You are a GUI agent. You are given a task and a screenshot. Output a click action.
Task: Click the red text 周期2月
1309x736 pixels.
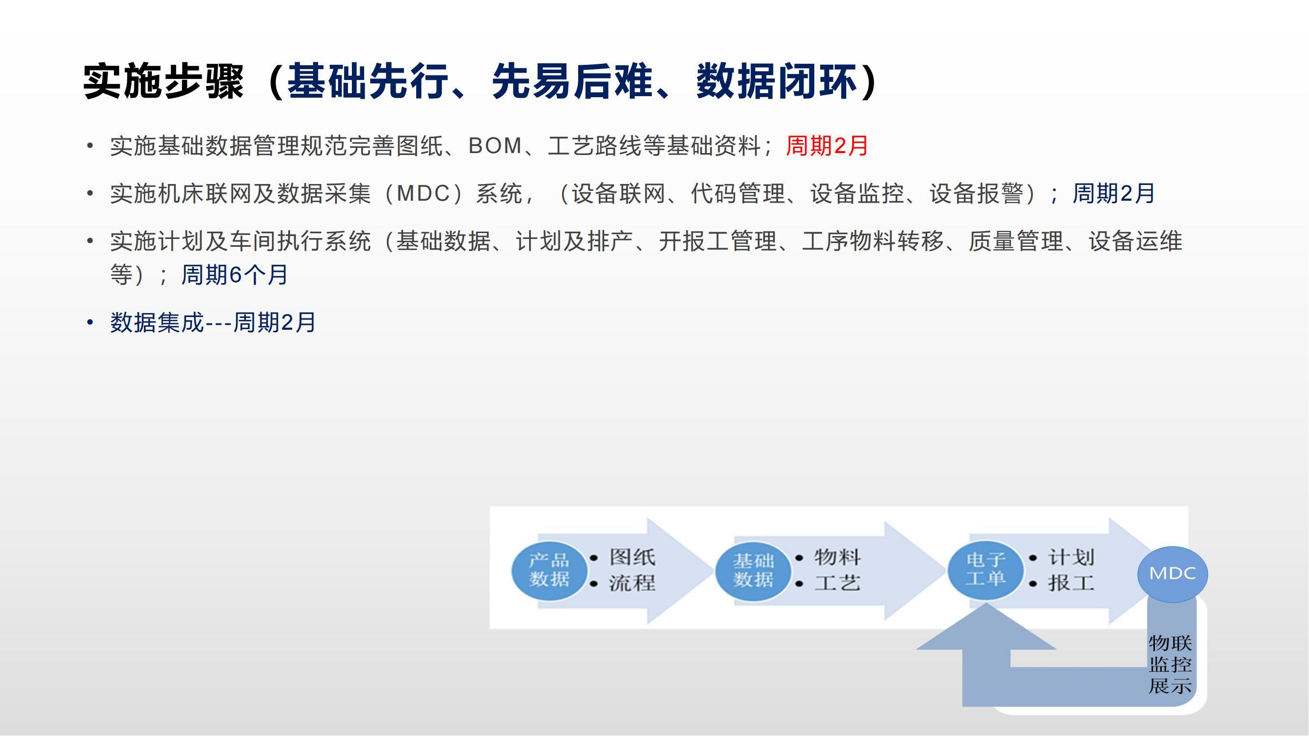coord(827,146)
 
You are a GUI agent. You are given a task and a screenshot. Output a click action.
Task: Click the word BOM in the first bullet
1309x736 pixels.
coord(495,146)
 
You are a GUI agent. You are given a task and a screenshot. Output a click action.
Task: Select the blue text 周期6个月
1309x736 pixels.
coord(235,275)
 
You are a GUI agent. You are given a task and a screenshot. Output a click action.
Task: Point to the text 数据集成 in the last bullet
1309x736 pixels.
coord(157,322)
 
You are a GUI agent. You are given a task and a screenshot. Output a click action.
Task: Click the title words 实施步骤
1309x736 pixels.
coord(163,81)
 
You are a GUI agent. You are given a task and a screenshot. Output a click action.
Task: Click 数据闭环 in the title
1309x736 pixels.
coord(777,81)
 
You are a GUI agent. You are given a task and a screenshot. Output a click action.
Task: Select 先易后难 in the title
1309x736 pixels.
coord(572,81)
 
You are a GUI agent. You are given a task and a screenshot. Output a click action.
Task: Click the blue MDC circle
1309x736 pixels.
coord(1172,574)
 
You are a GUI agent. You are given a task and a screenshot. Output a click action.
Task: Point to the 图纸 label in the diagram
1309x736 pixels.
coord(633,557)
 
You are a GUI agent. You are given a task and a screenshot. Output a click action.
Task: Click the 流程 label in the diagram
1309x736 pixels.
coord(633,582)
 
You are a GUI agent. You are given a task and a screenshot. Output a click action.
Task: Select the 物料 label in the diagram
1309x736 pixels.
coord(837,557)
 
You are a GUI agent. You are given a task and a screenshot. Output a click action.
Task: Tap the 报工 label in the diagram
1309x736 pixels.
coord(1071,582)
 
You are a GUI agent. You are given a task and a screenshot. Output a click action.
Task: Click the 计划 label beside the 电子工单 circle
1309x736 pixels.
coord(1071,557)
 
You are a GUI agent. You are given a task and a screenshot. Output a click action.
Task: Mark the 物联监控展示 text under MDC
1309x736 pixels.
coord(1170,665)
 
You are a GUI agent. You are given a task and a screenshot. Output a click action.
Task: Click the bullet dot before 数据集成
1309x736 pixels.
coord(90,322)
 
